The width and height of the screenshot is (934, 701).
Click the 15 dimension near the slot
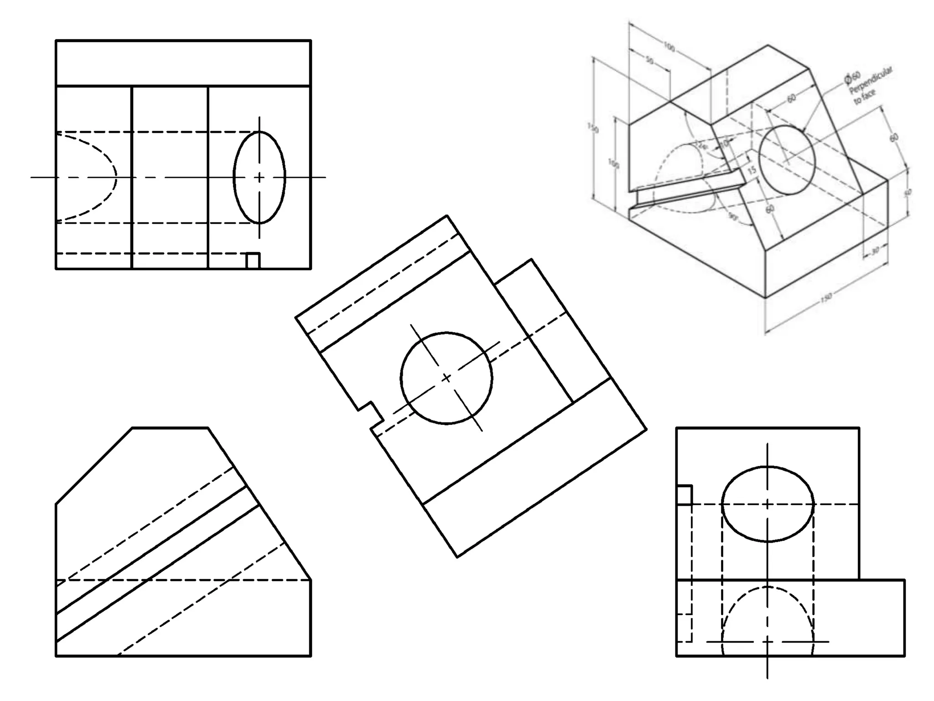752,170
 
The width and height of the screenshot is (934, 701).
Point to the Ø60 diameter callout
852,78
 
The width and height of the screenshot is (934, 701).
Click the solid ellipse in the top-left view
259,177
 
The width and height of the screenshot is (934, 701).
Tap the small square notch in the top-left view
253,261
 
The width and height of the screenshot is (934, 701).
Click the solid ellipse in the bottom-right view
768,504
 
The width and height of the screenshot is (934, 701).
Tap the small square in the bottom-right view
684,495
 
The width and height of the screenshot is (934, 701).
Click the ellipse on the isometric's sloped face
787,159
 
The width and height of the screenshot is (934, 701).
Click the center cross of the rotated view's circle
446,378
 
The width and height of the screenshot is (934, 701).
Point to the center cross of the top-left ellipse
259,177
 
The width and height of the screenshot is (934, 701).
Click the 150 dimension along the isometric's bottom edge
826,298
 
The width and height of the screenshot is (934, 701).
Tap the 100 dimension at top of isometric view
669,47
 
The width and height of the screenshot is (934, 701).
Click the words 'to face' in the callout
864,97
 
